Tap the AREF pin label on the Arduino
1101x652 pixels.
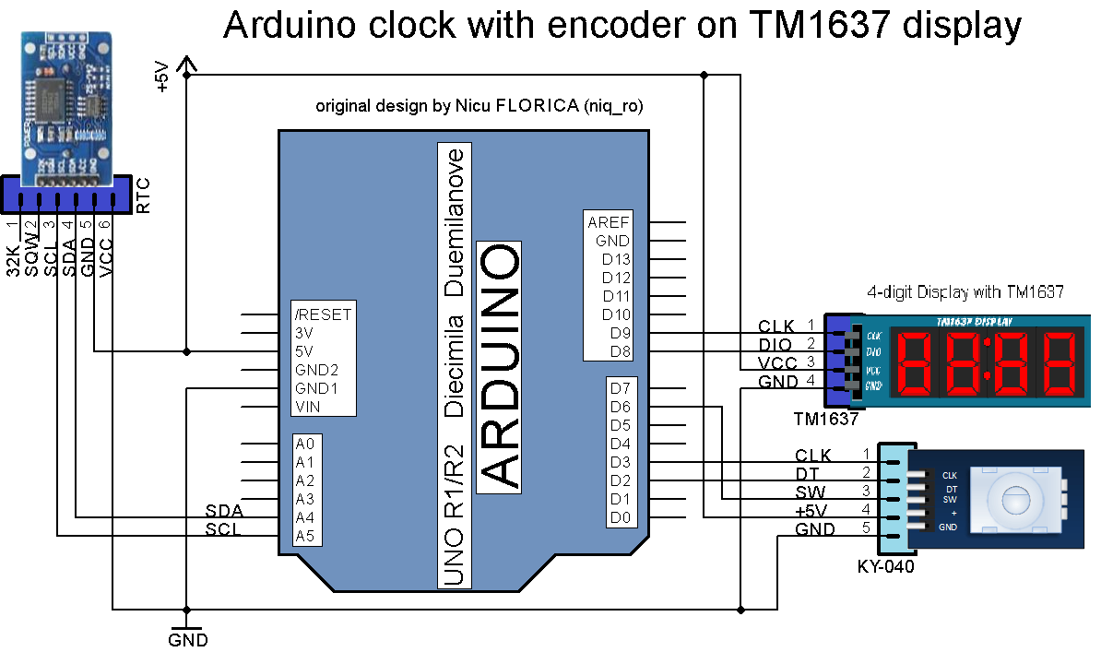pos(608,222)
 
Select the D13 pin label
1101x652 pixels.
pos(616,259)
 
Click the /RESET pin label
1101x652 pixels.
pos(322,314)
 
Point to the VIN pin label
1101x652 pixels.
pos(307,407)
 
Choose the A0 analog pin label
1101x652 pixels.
pos(305,444)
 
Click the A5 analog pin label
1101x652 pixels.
pos(305,536)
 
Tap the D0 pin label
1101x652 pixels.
pos(621,518)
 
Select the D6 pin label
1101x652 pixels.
pos(621,407)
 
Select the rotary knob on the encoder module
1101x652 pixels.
pos(1013,499)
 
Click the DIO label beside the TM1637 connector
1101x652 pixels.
pos(775,344)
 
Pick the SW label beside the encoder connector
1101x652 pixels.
pos(811,492)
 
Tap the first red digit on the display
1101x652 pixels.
pos(917,362)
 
